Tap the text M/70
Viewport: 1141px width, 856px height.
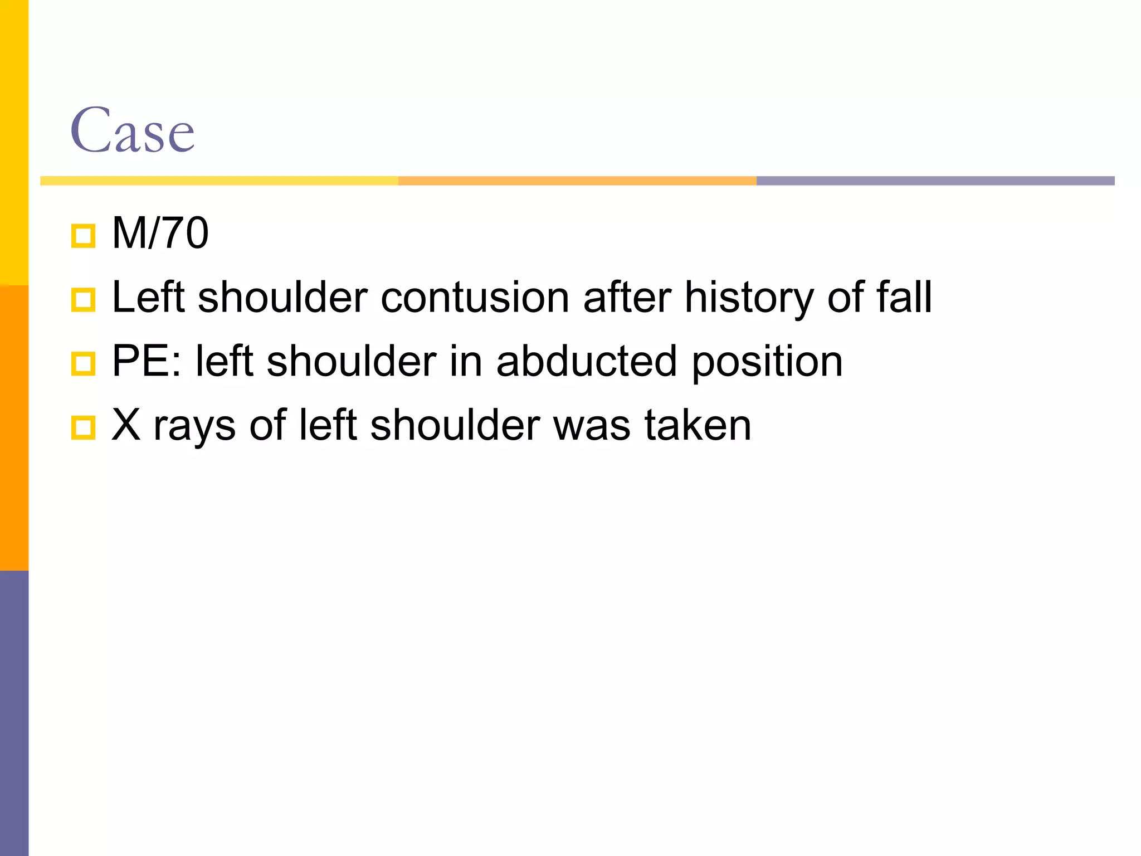click(x=160, y=233)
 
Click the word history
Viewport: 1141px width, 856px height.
click(x=749, y=298)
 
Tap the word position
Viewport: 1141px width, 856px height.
click(x=767, y=362)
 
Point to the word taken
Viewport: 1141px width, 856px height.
click(x=698, y=425)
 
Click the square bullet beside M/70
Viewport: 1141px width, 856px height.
click(x=84, y=236)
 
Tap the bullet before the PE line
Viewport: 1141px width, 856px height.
click(x=84, y=364)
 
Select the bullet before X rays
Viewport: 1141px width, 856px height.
click(x=84, y=428)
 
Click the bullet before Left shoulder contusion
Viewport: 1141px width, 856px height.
click(x=84, y=300)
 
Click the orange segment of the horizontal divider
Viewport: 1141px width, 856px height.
click(x=577, y=181)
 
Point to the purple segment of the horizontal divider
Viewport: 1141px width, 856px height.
click(x=935, y=181)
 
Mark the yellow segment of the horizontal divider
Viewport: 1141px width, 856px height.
click(x=219, y=181)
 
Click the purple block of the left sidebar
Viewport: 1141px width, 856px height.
click(x=14, y=713)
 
